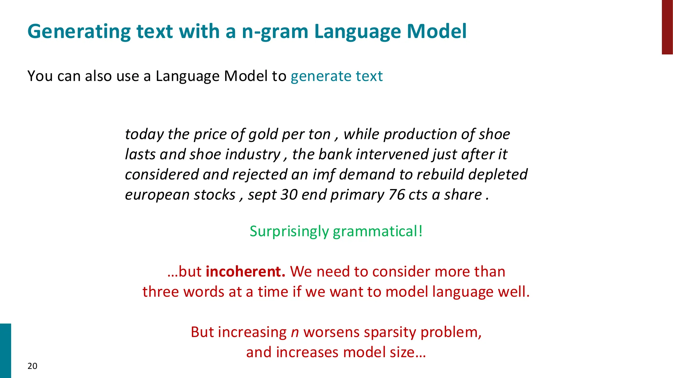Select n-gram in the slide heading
(275, 32)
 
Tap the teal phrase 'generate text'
(336, 76)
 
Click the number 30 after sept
(289, 195)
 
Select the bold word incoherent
(246, 271)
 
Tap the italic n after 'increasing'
(295, 332)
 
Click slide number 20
(32, 366)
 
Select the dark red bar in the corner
(667, 27)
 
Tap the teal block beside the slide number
(5, 350)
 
